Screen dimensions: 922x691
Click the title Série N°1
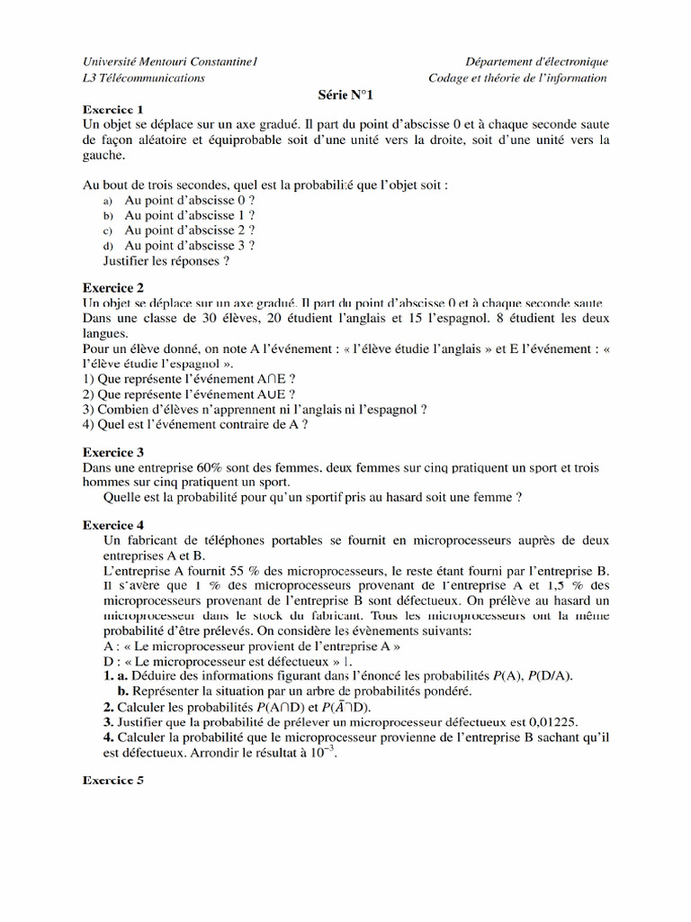tap(345, 94)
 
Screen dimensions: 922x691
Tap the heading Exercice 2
tap(113, 288)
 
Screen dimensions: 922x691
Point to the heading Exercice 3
tap(113, 452)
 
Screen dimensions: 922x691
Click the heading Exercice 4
tap(113, 524)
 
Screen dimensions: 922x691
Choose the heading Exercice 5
tap(113, 781)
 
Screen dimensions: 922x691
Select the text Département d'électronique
tap(536, 61)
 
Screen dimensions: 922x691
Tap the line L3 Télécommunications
tap(144, 77)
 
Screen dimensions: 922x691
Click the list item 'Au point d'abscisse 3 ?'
tap(189, 245)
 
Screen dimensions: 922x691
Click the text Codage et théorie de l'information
tap(517, 77)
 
